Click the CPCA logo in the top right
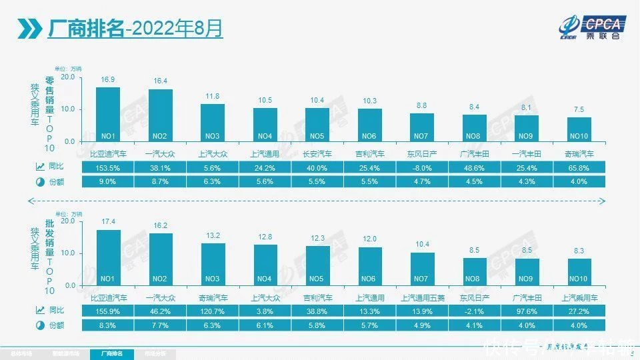[x=592, y=27]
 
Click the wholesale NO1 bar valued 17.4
[x=108, y=257]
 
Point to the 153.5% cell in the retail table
[x=108, y=168]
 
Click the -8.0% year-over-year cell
[x=422, y=168]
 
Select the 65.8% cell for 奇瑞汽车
[x=579, y=168]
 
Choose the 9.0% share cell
[x=108, y=181]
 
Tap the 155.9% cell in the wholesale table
[x=108, y=311]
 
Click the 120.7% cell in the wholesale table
[x=213, y=311]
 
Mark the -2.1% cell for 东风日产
[x=475, y=311]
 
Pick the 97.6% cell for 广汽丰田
[x=527, y=311]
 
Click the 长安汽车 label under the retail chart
[x=317, y=153]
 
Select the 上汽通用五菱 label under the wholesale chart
[x=422, y=297]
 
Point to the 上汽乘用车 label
[x=579, y=297]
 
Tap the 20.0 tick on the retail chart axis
[x=67, y=77]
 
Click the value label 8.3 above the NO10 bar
[x=579, y=251]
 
